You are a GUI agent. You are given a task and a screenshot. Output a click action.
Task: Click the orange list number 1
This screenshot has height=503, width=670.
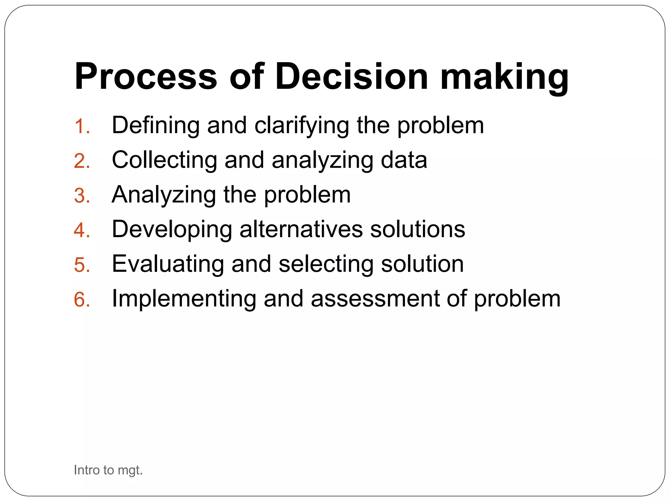tap(82, 127)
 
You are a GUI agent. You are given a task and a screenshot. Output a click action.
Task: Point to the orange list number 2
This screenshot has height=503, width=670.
tap(82, 161)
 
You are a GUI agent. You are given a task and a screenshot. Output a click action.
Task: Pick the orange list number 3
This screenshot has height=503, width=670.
tap(82, 196)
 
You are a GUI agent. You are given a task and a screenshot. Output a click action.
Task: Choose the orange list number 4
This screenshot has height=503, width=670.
tap(82, 231)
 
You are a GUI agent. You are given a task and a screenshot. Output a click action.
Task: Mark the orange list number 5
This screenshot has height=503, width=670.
tap(82, 265)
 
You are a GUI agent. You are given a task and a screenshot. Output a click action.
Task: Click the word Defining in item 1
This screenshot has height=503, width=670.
tap(156, 126)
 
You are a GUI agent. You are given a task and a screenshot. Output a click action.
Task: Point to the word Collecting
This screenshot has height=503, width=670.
tap(164, 160)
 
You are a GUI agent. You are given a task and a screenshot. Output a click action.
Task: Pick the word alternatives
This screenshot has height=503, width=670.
tap(301, 229)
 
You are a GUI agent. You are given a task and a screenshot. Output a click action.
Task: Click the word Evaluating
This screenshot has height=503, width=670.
tap(168, 264)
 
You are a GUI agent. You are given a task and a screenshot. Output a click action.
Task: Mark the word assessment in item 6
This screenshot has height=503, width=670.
tap(375, 299)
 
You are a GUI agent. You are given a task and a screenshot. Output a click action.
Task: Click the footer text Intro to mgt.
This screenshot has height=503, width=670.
tap(108, 470)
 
